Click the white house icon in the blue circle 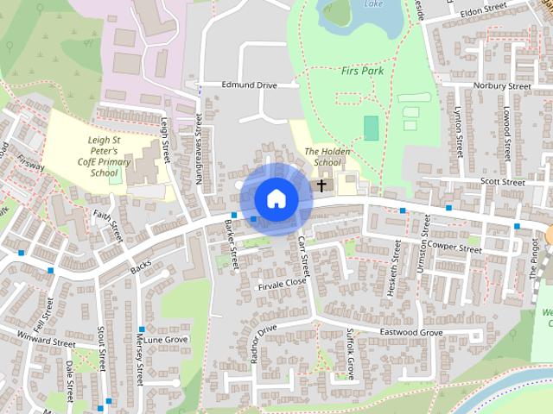click(276, 198)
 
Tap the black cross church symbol click(321, 185)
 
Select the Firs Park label click(362, 71)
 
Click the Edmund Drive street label click(249, 85)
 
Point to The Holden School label click(323, 156)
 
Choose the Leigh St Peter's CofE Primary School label click(109, 155)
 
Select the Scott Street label click(503, 183)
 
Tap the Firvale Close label click(283, 282)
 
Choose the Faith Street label click(105, 216)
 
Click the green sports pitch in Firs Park click(371, 128)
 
